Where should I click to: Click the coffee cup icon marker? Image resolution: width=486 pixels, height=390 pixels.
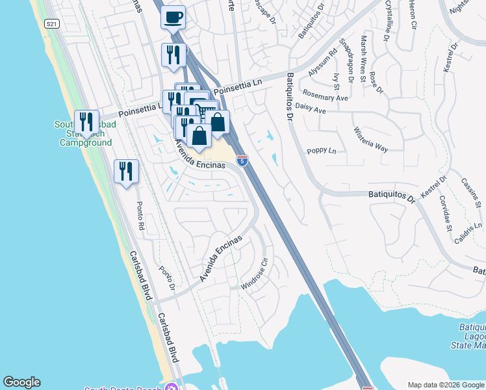173,18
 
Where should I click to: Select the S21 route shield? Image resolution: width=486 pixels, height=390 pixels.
52,23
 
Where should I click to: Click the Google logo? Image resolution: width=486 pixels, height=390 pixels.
21,382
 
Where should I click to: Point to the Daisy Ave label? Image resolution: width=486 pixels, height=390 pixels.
310,109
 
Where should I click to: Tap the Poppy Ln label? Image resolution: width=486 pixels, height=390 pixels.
322,151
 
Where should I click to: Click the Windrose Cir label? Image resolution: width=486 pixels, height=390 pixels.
255,274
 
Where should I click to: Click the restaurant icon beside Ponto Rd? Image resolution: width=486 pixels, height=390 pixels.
125,172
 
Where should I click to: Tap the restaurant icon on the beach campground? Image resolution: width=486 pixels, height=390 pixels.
86,122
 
